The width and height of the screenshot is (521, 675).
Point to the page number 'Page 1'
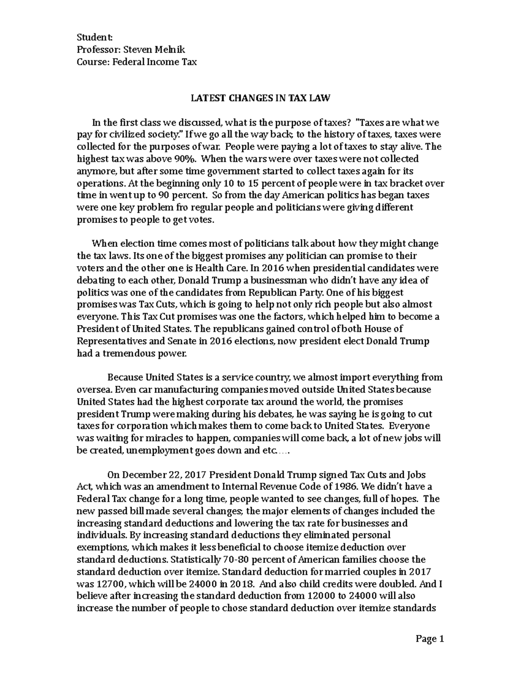tap(430, 639)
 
